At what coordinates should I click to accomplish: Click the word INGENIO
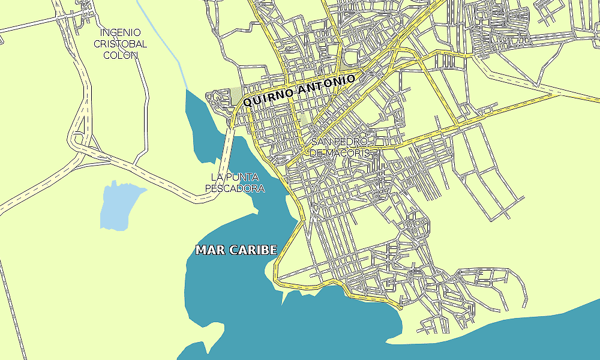click(121, 32)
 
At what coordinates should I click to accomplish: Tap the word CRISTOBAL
click(121, 44)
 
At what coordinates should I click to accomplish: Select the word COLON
click(121, 55)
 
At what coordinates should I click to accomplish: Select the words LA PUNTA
click(235, 177)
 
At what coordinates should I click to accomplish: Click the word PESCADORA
click(235, 188)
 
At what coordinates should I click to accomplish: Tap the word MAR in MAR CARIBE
click(211, 250)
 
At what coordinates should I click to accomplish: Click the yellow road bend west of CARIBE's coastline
click(277, 279)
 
